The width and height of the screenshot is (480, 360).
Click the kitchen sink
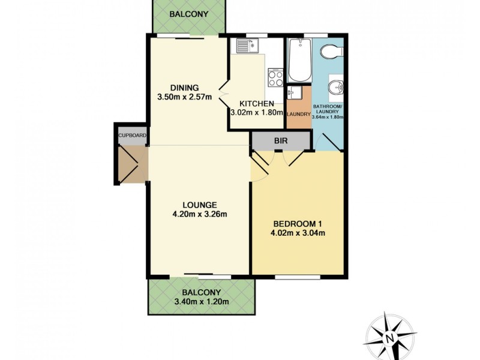point(247,44)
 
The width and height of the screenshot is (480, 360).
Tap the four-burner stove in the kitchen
point(275,77)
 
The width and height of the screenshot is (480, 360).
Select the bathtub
point(298,61)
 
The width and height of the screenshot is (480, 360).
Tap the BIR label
point(280,140)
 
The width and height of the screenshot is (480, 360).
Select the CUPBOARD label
point(133,136)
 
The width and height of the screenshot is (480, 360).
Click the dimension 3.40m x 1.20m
point(201,302)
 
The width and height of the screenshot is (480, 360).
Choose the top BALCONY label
point(189,15)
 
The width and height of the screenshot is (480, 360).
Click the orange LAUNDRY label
point(298,114)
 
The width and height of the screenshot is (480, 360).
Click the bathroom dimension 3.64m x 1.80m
point(328,117)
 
